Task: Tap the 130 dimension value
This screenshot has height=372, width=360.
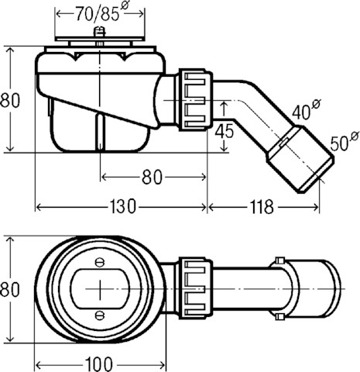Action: point(122,207)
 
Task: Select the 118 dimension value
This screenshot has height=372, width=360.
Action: point(262,207)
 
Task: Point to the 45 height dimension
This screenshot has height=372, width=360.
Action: point(224,130)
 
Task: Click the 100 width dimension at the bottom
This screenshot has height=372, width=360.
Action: point(99,364)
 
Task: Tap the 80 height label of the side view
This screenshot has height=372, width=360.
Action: point(10,100)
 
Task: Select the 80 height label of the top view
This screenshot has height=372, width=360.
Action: point(10,289)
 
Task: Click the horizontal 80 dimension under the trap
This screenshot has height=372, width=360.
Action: point(153,177)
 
